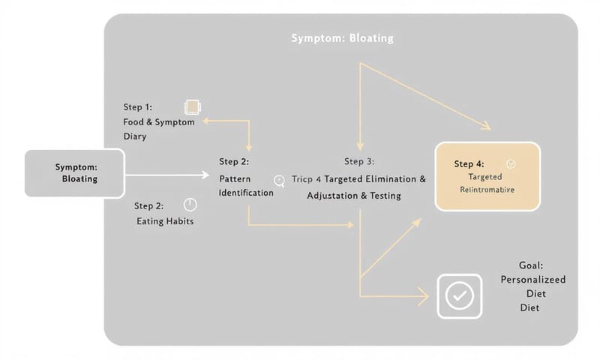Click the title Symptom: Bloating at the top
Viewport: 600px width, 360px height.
tap(342, 37)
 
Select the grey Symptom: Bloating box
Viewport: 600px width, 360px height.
tap(75, 173)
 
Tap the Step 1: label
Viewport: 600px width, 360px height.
tap(138, 108)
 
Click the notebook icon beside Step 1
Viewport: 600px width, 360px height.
tap(192, 107)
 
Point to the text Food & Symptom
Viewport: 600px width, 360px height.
tap(159, 122)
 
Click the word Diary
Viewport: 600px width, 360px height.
tap(135, 136)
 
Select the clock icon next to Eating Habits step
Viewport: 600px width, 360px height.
tap(190, 205)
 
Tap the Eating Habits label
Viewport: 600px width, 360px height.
tap(165, 221)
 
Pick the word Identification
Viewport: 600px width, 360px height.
tap(246, 193)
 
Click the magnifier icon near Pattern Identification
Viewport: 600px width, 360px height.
tap(280, 180)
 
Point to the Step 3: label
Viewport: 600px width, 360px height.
tap(359, 161)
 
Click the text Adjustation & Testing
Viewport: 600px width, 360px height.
tap(354, 196)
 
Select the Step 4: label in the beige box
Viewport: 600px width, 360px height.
tap(469, 163)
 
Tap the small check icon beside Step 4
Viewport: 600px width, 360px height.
tap(511, 163)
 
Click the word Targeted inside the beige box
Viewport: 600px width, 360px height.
tap(485, 177)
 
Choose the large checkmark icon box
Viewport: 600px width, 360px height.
tap(457, 296)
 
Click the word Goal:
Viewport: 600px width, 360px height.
tap(531, 265)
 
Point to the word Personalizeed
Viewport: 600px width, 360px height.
tap(533, 280)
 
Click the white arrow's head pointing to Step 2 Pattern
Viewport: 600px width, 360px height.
tap(206, 174)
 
